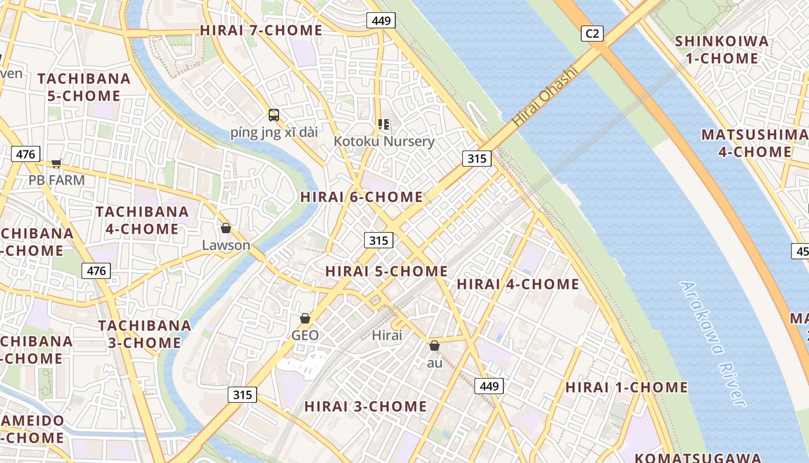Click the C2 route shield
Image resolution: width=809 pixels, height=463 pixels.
(x=592, y=34)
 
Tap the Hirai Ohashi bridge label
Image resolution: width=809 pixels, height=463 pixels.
(x=545, y=97)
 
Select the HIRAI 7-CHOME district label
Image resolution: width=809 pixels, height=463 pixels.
(x=261, y=30)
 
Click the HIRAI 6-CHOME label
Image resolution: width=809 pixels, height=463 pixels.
(x=362, y=197)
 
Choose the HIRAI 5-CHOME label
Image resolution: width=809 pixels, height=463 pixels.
(x=387, y=271)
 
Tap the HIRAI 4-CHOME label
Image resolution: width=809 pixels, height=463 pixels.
(x=518, y=284)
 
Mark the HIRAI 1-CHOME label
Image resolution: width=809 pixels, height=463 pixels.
(x=626, y=387)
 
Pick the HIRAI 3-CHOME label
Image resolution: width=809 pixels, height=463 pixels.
(x=366, y=406)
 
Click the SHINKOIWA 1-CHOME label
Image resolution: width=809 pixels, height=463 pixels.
(x=722, y=50)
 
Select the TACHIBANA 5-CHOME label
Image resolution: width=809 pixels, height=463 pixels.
(x=84, y=87)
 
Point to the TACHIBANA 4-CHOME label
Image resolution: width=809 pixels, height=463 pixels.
(x=142, y=220)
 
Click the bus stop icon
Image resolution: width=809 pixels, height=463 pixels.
(x=274, y=115)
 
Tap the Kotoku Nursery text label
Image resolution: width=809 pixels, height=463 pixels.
(x=384, y=141)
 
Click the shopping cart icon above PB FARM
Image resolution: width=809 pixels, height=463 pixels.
(x=56, y=163)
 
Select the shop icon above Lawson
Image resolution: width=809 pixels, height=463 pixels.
(x=226, y=228)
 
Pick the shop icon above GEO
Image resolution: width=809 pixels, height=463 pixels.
(x=305, y=318)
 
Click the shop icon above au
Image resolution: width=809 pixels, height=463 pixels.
(x=434, y=346)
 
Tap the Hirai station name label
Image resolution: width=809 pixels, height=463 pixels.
(x=387, y=335)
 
